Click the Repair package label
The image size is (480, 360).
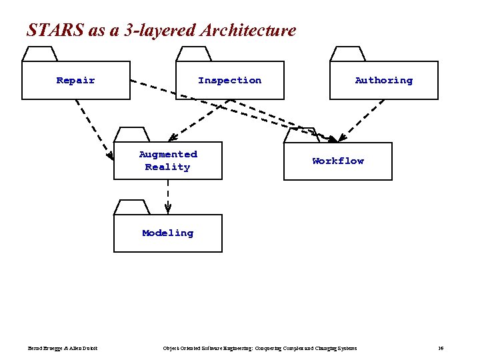75,81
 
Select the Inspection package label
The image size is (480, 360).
229,81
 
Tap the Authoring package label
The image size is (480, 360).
383,81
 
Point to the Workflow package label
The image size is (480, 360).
338,161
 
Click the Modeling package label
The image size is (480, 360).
167,233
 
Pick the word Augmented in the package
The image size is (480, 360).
168,155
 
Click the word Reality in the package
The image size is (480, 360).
167,167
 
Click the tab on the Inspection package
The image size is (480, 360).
194,54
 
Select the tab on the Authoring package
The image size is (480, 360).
347,54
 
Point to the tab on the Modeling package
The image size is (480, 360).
131,207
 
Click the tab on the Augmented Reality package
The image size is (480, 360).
131,134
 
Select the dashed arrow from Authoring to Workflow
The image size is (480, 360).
361,121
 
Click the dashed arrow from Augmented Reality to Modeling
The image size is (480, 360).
168,197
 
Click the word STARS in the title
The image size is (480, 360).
46,31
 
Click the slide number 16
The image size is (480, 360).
441,349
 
